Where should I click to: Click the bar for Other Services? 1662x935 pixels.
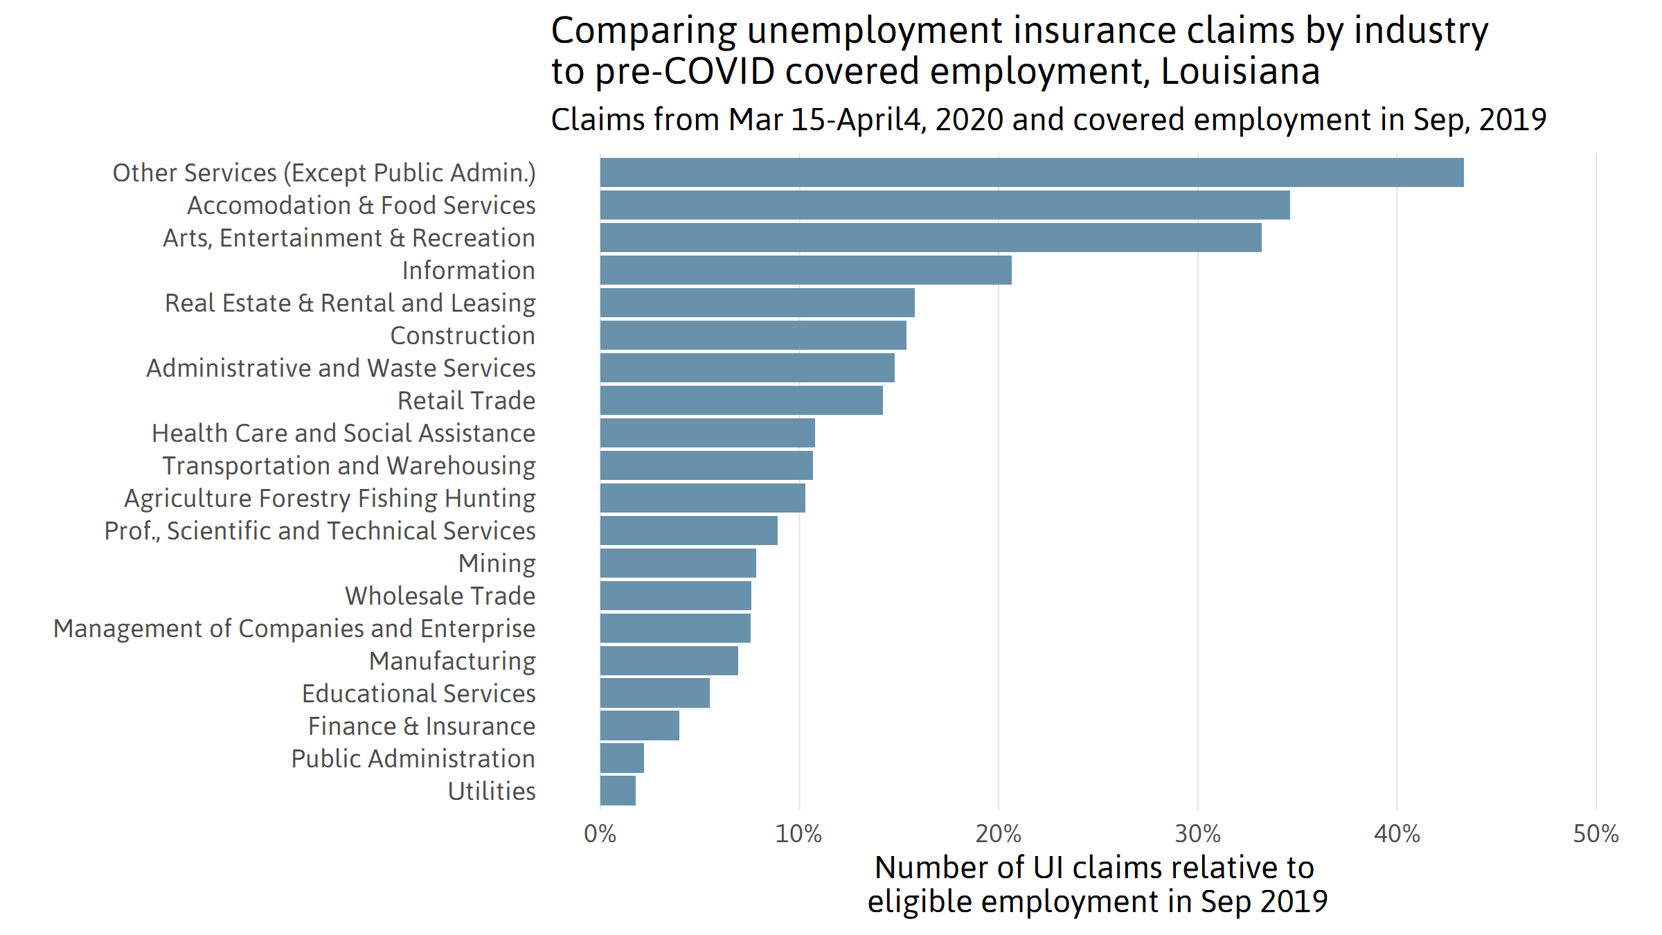click(1032, 172)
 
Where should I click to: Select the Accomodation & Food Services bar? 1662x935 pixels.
click(945, 205)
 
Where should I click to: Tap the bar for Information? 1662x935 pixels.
click(805, 270)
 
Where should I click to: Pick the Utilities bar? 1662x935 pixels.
click(618, 791)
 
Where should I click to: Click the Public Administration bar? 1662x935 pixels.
click(622, 758)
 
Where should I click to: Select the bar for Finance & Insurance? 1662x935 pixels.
click(639, 726)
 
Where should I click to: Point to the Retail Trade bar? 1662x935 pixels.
click(741, 400)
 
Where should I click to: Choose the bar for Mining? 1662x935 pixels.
click(678, 563)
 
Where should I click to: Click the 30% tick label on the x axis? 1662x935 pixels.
click(1197, 834)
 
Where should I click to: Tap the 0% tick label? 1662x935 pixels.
click(600, 834)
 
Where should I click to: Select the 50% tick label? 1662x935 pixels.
click(1596, 834)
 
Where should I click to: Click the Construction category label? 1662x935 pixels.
click(463, 336)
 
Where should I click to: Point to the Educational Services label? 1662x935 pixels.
click(418, 694)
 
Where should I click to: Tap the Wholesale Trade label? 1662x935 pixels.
click(440, 596)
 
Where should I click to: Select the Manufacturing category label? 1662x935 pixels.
click(452, 661)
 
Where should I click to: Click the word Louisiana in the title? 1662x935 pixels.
click(1240, 72)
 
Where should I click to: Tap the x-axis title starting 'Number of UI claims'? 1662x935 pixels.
click(1097, 884)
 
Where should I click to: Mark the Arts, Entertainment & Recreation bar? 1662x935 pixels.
click(930, 238)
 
